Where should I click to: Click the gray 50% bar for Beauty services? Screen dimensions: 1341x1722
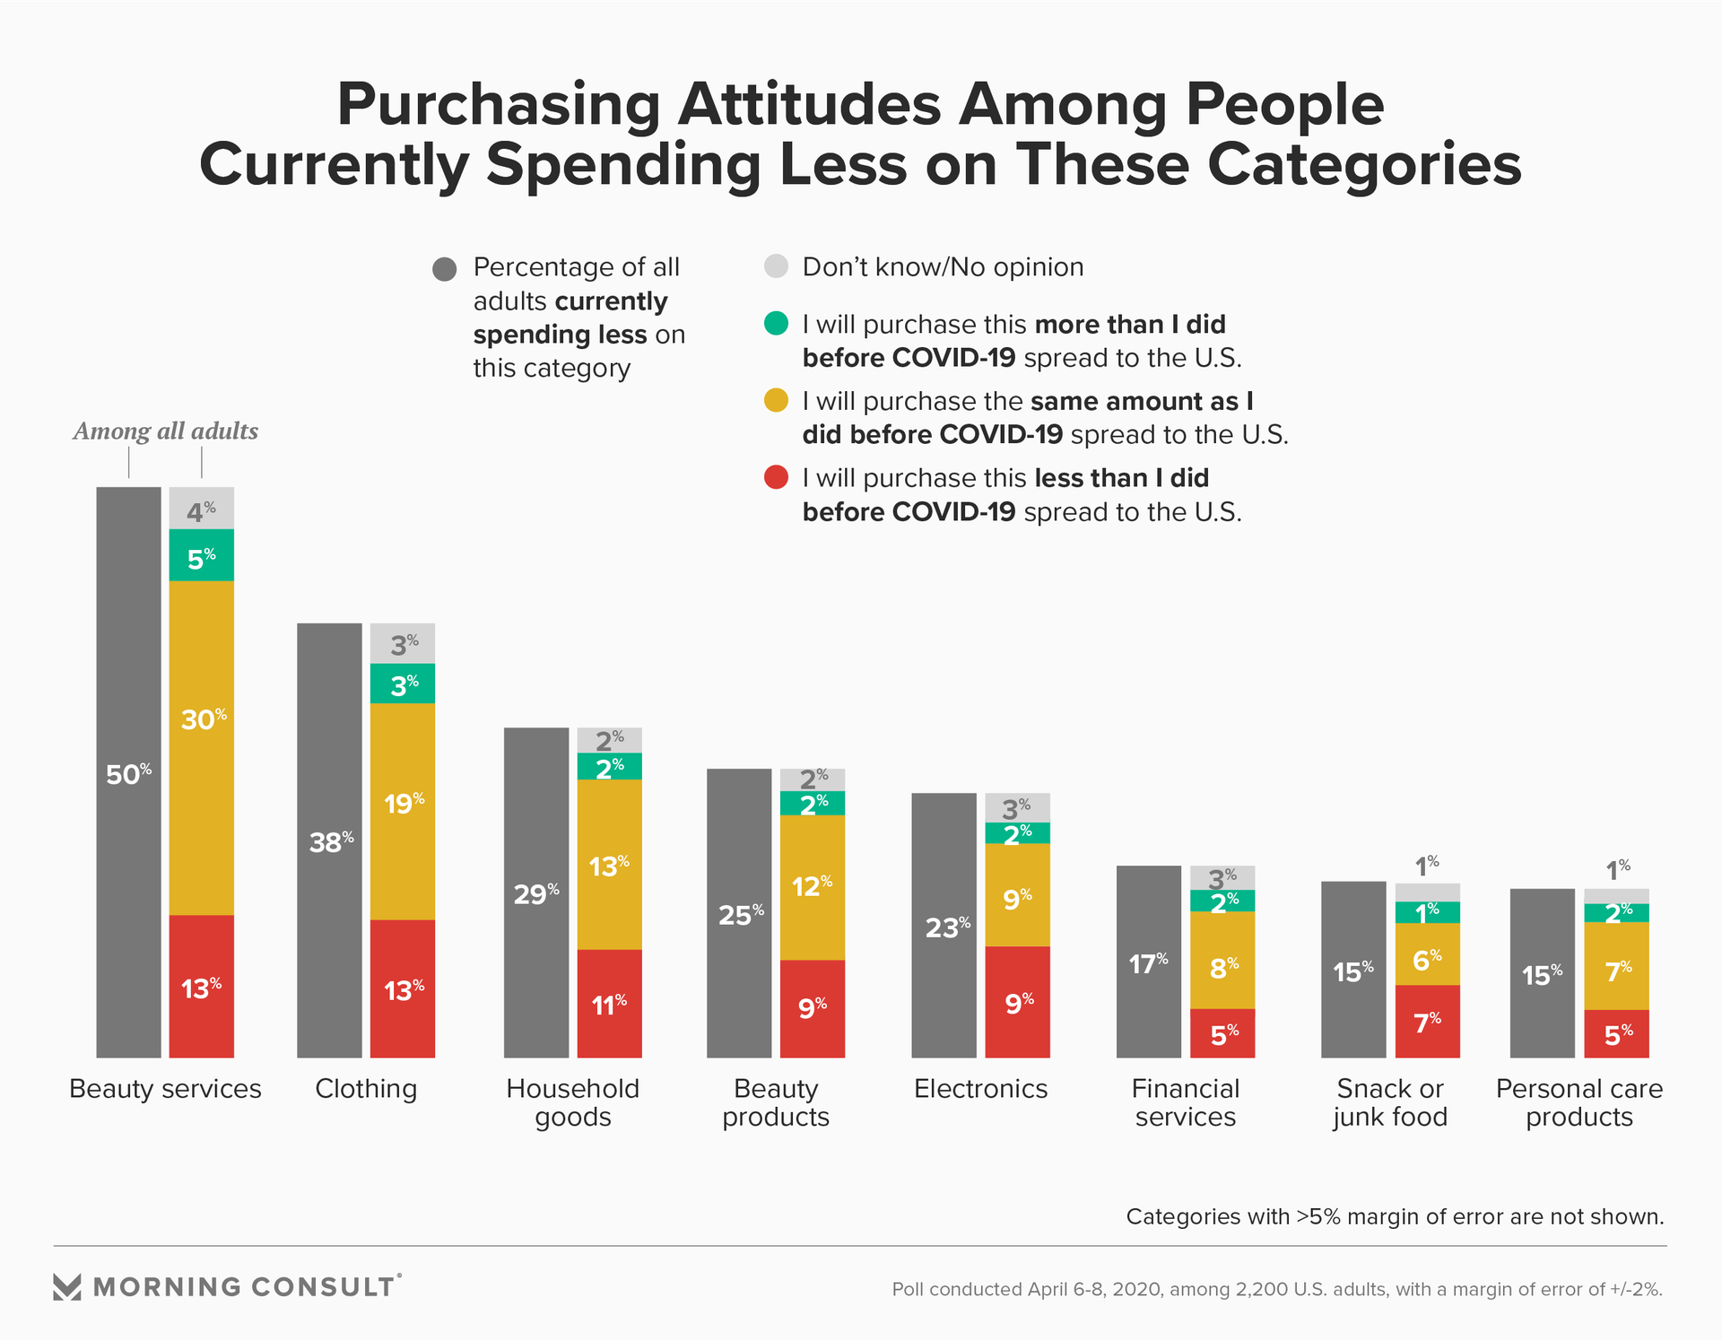(x=128, y=771)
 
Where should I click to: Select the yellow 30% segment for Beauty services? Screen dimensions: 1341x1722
(x=202, y=747)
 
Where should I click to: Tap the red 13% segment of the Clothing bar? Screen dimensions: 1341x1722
(x=403, y=988)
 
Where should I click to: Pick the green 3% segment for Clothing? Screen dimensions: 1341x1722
(x=403, y=684)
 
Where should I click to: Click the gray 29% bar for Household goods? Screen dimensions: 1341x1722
(x=536, y=893)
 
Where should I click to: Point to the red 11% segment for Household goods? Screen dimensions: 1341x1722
(x=609, y=1004)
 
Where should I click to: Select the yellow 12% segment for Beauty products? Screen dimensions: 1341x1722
(x=813, y=887)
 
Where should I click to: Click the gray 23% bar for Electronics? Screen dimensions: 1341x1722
(x=944, y=925)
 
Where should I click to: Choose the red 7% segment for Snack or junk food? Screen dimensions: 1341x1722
(x=1427, y=1022)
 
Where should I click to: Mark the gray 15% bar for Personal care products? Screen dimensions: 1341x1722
(x=1543, y=973)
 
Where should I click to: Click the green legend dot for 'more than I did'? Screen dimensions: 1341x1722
(x=776, y=323)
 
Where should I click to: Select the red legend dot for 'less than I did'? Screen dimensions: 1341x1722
(x=776, y=477)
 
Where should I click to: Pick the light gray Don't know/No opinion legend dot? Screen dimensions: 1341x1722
(x=776, y=266)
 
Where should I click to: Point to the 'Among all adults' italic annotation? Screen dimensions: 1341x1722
(x=166, y=431)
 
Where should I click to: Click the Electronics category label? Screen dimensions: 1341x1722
(x=980, y=1089)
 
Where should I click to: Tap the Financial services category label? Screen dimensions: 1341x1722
(x=1185, y=1102)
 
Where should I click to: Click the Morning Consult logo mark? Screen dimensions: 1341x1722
(x=67, y=1286)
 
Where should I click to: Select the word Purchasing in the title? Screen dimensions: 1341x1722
(x=499, y=105)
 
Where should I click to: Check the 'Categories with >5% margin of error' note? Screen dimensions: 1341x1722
(x=1395, y=1216)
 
